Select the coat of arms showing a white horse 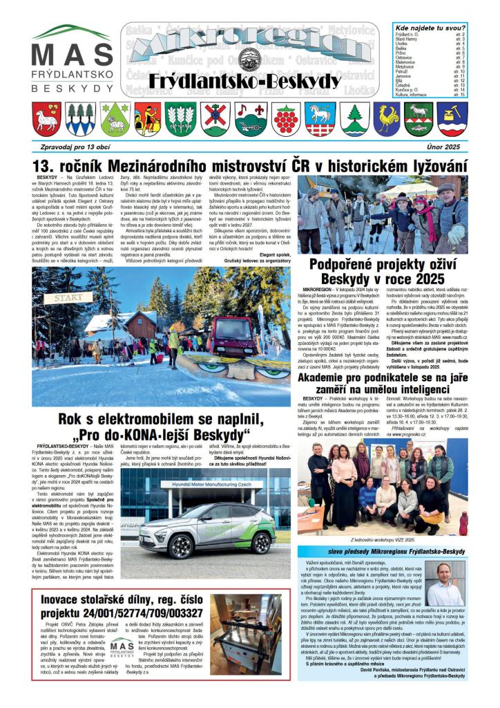point(320,119)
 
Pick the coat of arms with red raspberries point(285,119)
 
